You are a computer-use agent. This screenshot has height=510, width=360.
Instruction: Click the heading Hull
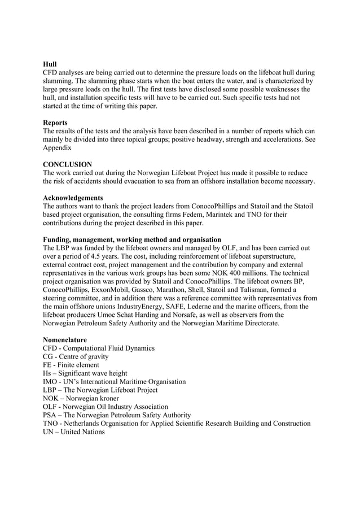tap(50, 64)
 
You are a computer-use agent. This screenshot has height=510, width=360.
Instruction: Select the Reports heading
tap(55, 123)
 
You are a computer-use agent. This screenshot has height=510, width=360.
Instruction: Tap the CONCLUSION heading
tap(67, 164)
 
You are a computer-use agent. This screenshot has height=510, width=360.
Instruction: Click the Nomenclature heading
tap(65, 340)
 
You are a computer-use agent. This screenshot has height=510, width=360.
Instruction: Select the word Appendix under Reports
tap(58, 148)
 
